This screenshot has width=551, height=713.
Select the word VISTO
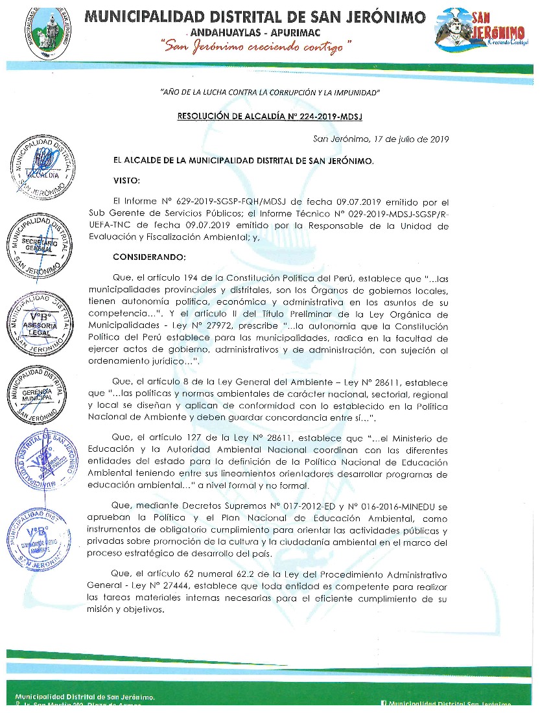tap(127, 180)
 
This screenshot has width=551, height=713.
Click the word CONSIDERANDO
tap(149, 257)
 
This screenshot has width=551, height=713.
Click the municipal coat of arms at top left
tap(41, 30)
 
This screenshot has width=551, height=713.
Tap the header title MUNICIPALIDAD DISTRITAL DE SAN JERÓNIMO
tap(255, 16)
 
